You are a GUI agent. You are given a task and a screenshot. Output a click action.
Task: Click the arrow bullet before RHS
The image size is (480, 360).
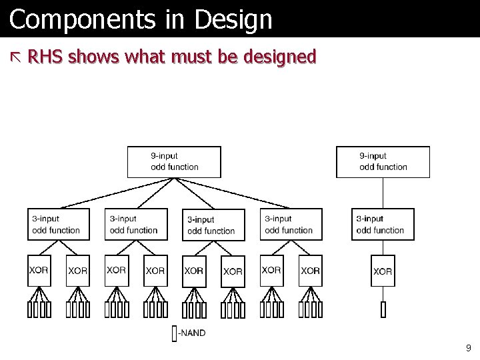(x=16, y=58)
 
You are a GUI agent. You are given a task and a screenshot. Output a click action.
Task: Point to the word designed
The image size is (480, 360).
(x=280, y=58)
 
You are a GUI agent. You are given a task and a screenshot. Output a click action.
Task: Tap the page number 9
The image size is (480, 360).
(x=469, y=347)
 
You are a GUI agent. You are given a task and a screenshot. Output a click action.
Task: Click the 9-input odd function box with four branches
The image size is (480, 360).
(x=174, y=162)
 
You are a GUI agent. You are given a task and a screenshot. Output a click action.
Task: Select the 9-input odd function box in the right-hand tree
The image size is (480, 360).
(x=383, y=162)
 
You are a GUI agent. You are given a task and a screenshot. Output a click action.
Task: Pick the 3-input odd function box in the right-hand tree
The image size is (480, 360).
(x=383, y=225)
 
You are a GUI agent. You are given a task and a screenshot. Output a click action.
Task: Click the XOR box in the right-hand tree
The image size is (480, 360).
(x=383, y=271)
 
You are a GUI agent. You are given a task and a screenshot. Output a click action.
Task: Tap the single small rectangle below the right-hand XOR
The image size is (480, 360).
(x=383, y=310)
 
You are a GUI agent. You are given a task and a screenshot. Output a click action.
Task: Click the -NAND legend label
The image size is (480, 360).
(x=191, y=333)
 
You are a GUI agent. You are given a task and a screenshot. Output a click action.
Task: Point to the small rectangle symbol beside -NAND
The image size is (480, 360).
(x=174, y=333)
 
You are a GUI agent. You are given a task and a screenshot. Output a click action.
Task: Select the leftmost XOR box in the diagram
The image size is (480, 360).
(x=39, y=271)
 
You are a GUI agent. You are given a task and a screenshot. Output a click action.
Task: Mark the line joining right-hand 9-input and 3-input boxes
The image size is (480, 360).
(x=383, y=193)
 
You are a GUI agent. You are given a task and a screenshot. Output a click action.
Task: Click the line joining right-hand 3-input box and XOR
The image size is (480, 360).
(x=383, y=247)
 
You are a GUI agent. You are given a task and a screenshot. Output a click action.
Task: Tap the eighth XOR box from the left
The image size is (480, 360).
(x=310, y=271)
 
